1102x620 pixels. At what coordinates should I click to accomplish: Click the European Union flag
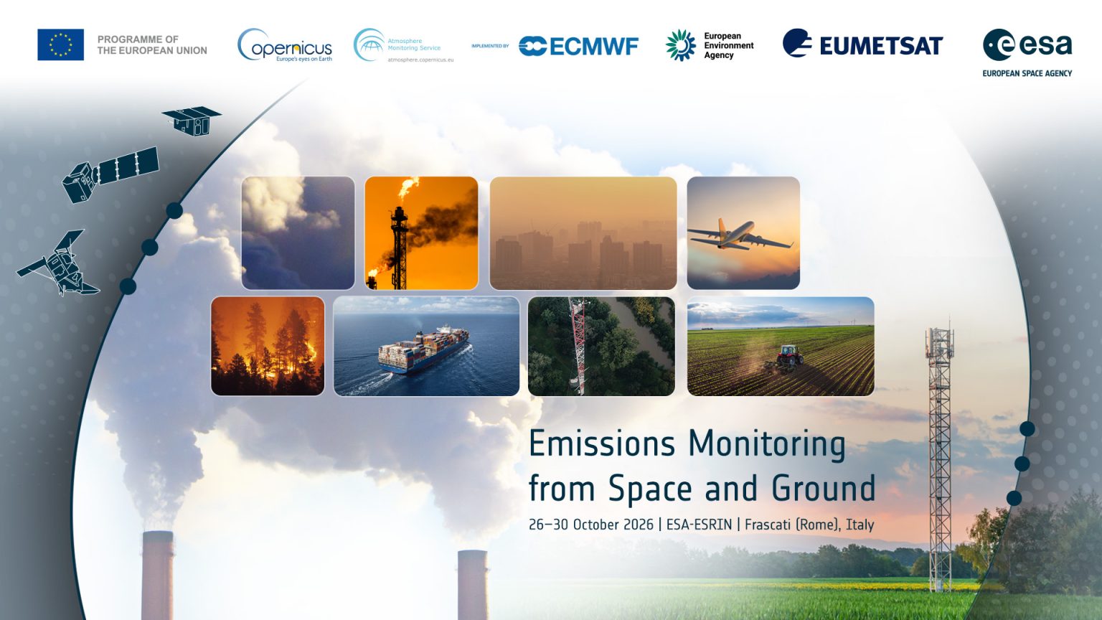(x=60, y=44)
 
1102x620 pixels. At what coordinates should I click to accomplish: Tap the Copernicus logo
(x=285, y=44)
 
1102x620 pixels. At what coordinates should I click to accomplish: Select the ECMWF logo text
(x=578, y=46)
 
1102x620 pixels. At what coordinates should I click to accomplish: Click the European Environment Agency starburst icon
(x=680, y=45)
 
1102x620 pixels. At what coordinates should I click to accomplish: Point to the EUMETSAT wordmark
(x=881, y=46)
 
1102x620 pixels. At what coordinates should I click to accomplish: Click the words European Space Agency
(x=1027, y=73)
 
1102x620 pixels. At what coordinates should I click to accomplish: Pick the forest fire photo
(x=268, y=346)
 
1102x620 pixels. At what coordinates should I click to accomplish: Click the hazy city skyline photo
(x=583, y=232)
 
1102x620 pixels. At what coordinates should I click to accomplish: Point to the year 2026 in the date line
(x=638, y=525)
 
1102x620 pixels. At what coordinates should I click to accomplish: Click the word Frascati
(x=768, y=525)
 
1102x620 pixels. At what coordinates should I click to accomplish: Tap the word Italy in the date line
(x=860, y=525)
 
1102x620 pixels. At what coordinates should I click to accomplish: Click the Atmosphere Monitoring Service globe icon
(x=369, y=44)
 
